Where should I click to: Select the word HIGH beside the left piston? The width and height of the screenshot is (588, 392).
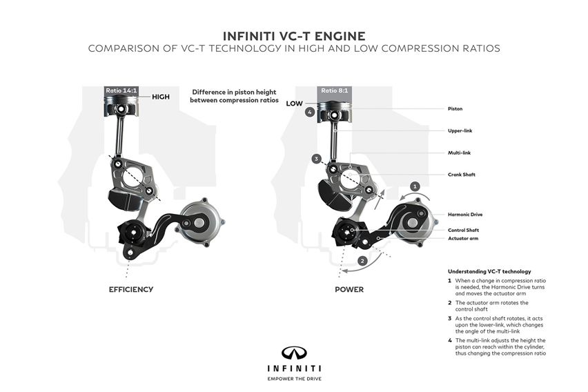161,97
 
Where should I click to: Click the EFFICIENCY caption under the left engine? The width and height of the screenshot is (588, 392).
131,289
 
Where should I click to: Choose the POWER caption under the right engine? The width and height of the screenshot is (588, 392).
349,289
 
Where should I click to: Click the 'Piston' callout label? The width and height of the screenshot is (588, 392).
455,108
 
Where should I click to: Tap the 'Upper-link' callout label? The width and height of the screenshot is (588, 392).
460,130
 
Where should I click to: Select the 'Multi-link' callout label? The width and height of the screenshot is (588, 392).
459,153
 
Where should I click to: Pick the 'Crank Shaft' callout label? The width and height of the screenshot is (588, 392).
461,175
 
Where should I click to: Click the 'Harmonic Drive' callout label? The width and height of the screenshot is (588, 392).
466,215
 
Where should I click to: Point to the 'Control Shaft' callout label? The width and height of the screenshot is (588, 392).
464,230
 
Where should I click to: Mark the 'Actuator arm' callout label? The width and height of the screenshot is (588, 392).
462,238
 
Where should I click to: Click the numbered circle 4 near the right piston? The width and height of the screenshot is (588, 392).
310,112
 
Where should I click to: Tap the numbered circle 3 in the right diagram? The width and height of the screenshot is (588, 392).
316,159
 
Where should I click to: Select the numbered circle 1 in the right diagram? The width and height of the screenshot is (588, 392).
415,186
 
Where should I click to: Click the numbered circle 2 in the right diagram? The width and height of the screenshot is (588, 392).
362,260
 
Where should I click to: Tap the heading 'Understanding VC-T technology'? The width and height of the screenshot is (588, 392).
489,271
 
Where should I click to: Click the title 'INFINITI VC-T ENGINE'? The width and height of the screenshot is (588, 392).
293,35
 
